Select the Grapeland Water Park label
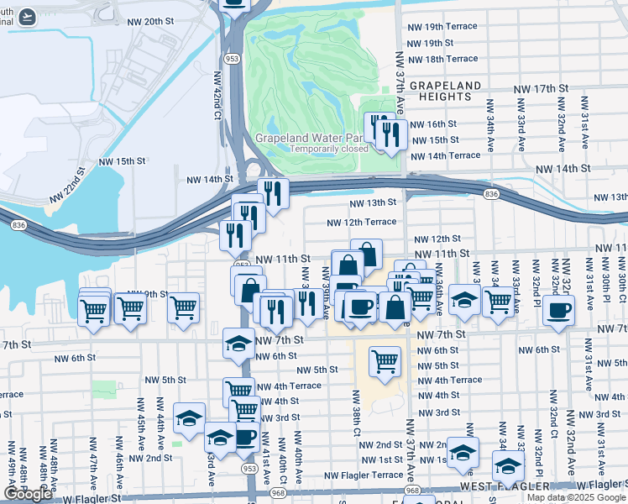point(312,137)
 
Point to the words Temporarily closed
point(329,149)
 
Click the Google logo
point(28,493)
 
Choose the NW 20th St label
point(175,22)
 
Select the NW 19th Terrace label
point(442,27)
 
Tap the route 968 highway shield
point(411,489)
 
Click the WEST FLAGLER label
point(497,487)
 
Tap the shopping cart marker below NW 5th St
point(385,360)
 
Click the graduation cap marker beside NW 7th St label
point(238,344)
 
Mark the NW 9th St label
point(142,295)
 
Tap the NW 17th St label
point(541,88)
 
